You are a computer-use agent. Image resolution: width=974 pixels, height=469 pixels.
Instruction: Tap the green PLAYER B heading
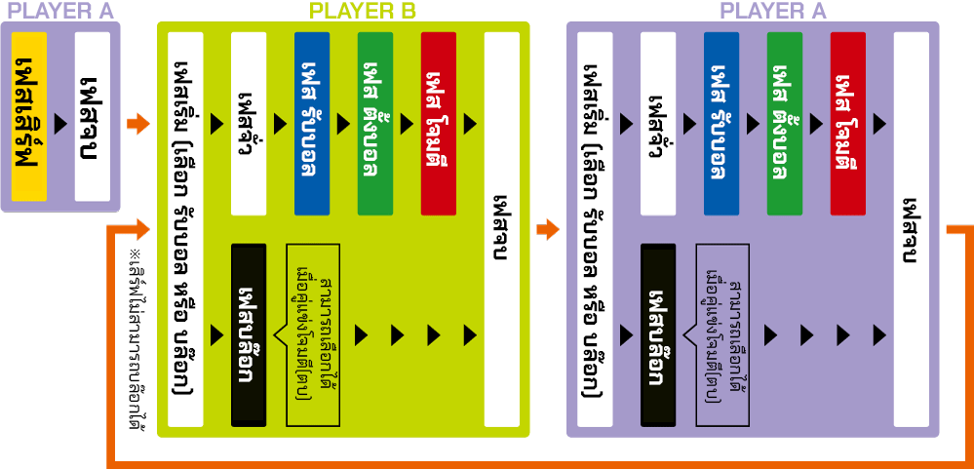362,12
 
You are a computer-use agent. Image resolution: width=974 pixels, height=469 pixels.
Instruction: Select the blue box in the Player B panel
312,123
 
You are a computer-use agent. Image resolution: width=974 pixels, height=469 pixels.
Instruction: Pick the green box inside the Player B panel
376,123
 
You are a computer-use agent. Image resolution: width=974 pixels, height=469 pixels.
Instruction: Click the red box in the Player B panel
439,123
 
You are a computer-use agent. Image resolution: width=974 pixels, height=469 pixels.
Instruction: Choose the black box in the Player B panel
248,334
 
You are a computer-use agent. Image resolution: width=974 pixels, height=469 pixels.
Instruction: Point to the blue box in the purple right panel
721,123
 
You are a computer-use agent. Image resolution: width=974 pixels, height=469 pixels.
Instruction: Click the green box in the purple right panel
785,123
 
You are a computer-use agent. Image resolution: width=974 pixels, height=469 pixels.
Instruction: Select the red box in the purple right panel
848,123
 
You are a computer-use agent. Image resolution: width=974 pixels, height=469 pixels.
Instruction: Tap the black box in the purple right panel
658,334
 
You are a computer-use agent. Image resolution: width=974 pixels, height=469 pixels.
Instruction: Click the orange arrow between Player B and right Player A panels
548,230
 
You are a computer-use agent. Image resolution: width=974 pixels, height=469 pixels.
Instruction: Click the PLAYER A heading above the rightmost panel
772,12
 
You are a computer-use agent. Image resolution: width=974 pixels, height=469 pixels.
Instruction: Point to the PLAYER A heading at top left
59,12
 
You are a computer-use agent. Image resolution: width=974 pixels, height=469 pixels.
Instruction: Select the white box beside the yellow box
93,116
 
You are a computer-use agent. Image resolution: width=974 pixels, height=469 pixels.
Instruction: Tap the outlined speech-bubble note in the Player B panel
312,334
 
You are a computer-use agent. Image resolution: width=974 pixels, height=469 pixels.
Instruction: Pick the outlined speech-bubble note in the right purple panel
721,334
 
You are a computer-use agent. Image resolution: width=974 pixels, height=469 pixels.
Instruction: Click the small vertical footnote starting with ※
133,341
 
